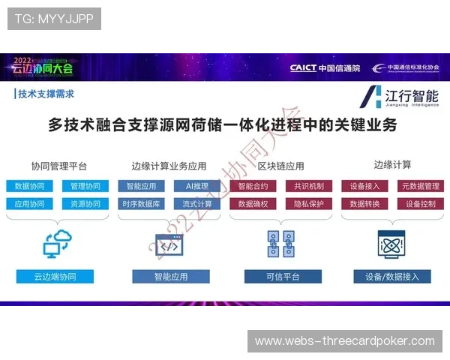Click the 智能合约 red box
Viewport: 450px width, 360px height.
253,186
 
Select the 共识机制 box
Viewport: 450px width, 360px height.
308,186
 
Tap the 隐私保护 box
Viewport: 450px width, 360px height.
308,204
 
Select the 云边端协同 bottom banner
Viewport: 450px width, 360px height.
55,277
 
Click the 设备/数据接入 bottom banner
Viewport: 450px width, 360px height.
392,277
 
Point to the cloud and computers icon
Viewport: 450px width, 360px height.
57,244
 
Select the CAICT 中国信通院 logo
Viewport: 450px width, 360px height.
325,68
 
